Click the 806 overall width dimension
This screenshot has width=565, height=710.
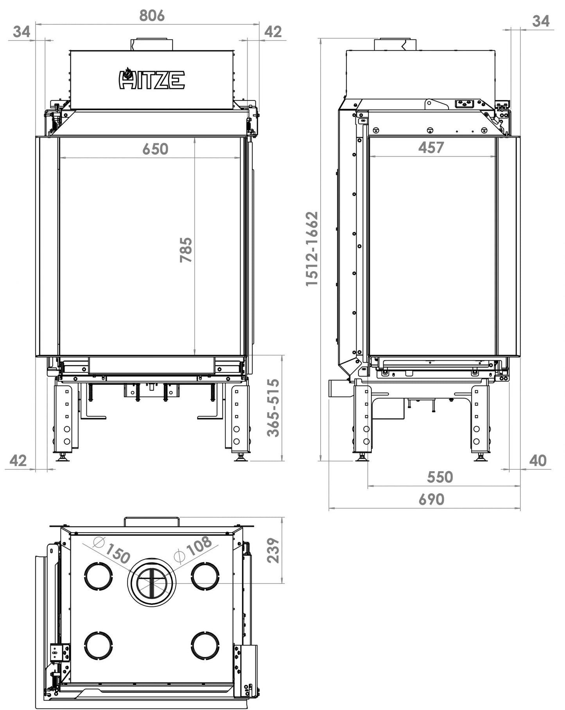[x=152, y=16]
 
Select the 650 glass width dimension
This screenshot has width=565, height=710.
[x=155, y=149]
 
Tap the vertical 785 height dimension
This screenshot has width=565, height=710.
[x=186, y=250]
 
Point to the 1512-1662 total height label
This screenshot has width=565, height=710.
[x=312, y=249]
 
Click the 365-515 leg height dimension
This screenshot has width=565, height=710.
[x=273, y=407]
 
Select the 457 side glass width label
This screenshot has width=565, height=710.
[x=431, y=147]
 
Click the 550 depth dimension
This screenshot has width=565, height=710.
[x=439, y=477]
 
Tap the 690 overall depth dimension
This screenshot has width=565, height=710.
[x=431, y=499]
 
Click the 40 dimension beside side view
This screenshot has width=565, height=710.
[x=538, y=461]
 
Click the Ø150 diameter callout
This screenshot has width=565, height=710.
[x=113, y=551]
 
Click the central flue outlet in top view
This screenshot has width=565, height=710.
[x=151, y=581]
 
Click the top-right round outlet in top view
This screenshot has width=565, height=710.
[x=205, y=576]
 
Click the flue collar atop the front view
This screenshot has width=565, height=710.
[x=151, y=44]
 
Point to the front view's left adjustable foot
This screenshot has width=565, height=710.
[x=63, y=457]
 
